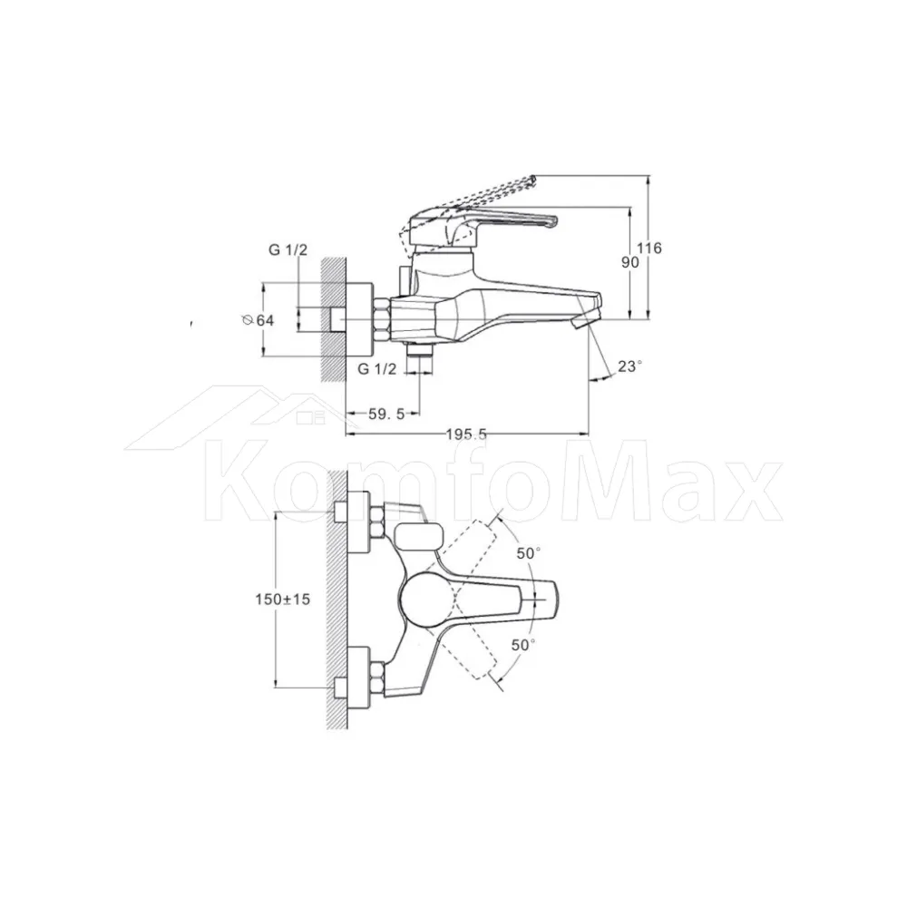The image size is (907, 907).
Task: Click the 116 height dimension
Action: click(649, 249)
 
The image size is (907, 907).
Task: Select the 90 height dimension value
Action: click(630, 262)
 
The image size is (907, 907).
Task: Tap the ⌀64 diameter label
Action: click(258, 320)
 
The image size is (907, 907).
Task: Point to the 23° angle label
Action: click(629, 366)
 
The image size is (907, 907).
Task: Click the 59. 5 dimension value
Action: click(386, 414)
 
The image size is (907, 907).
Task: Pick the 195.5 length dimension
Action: click(466, 434)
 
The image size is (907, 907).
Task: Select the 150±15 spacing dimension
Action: click(283, 600)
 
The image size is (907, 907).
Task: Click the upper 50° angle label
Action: click(528, 553)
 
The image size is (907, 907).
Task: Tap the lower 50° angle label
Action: click(523, 644)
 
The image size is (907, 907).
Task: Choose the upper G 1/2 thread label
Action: click(288, 250)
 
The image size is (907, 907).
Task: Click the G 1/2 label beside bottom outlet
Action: click(377, 369)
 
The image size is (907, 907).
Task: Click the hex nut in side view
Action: click(383, 319)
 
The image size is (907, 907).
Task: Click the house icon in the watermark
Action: click(243, 417)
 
